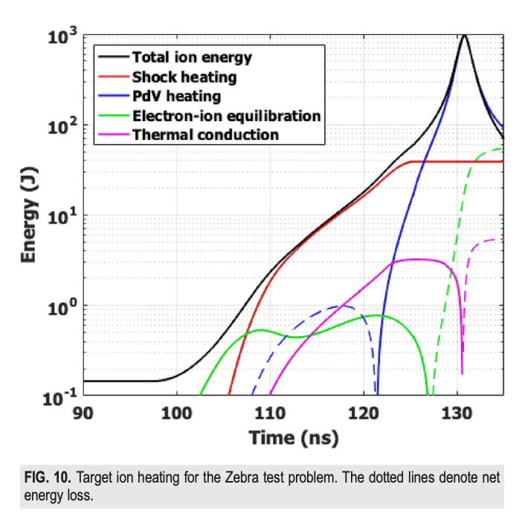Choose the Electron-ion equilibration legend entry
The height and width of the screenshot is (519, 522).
click(225, 115)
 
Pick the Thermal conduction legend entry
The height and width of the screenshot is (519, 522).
click(204, 135)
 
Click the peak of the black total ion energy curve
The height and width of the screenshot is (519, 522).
click(465, 35)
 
